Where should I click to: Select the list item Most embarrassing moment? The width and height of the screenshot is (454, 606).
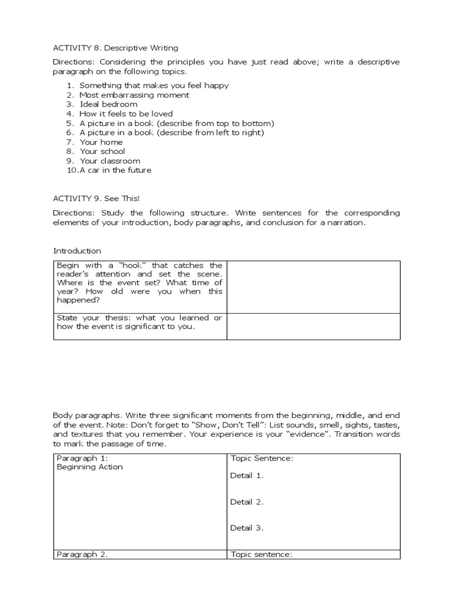tap(134, 95)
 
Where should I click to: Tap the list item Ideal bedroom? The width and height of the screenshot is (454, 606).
tap(108, 104)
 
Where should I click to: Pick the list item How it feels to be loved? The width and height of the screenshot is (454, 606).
tap(126, 114)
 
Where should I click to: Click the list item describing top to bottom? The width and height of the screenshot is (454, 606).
tap(177, 123)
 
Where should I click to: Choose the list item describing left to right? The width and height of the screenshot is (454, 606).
tap(171, 133)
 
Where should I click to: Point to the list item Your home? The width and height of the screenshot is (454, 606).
tap(101, 142)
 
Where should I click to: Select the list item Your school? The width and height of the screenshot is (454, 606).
tap(102, 151)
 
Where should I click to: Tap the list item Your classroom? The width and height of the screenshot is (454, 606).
tap(110, 161)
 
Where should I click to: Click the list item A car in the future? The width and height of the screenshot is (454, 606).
tap(115, 170)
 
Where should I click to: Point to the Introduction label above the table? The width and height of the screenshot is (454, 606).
tap(77, 251)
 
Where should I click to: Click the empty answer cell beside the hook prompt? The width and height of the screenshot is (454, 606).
tap(313, 286)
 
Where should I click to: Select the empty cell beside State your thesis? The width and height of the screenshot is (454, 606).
tap(313, 326)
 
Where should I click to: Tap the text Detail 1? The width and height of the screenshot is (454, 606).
tap(247, 476)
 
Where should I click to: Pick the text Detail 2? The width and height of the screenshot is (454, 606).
tap(247, 502)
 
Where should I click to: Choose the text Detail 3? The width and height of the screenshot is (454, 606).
tap(247, 528)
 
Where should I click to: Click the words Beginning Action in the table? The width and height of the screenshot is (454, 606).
tap(89, 467)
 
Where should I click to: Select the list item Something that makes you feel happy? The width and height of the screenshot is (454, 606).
tap(154, 85)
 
